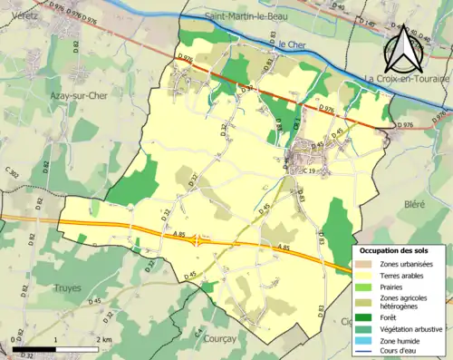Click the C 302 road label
point(13,172)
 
